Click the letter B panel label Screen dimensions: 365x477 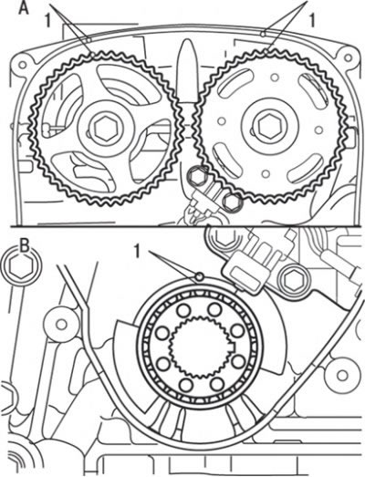24,247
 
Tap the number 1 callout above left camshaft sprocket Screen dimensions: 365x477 47,21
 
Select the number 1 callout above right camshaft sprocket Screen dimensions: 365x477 311,21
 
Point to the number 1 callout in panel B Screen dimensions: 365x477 138,253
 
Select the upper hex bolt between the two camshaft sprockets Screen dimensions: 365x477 198,176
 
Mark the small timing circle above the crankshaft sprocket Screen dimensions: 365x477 200,276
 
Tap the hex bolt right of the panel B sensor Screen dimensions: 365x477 294,280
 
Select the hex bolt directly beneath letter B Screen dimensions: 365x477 20,266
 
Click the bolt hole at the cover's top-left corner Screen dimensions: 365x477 22,65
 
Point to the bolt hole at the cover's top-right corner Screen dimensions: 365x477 347,57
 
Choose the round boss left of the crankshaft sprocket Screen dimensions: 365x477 62,325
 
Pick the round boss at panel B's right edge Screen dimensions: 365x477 341,375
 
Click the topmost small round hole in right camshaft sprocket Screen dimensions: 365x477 275,78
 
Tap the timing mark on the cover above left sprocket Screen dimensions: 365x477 89,39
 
